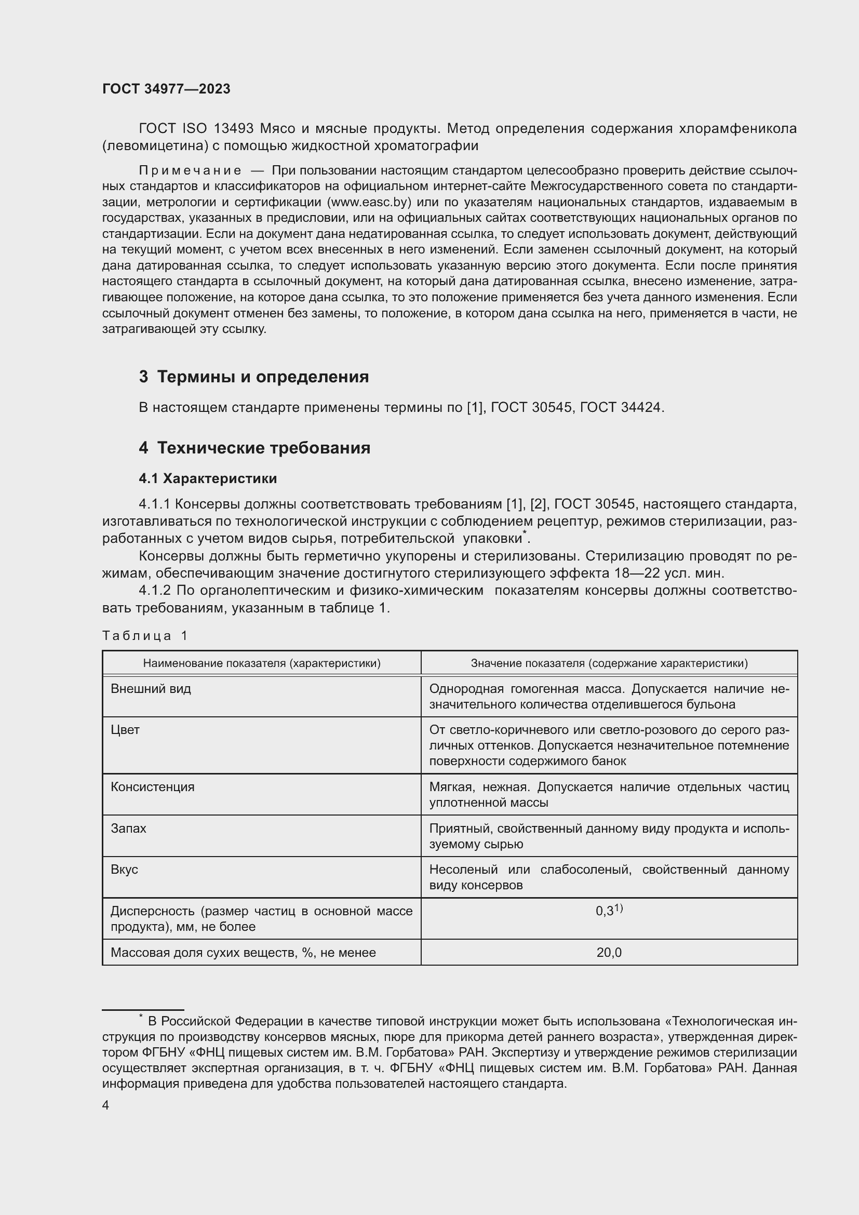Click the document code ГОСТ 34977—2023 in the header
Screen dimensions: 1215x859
coord(166,89)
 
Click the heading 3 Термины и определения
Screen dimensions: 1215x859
coord(254,377)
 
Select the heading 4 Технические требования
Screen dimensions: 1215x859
coord(254,448)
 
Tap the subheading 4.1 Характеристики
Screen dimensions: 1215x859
coord(208,478)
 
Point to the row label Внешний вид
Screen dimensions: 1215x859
coord(151,688)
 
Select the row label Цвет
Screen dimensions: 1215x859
coord(125,730)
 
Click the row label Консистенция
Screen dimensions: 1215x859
coord(152,787)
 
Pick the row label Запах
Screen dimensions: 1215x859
coord(128,828)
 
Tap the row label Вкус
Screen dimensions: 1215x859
coord(124,870)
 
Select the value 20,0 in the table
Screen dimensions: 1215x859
coord(609,953)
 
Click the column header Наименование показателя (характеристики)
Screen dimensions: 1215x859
coord(262,663)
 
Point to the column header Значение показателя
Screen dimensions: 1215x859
coord(609,663)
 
